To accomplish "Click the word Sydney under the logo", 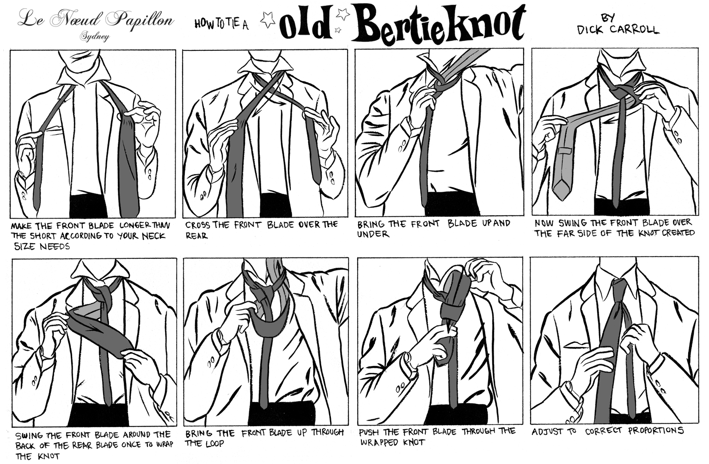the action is (94, 37).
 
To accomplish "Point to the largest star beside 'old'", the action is (268, 19).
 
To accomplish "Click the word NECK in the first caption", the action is (153, 236).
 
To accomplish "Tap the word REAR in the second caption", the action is (196, 236).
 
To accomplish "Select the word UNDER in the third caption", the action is (373, 234).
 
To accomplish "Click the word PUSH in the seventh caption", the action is (369, 432).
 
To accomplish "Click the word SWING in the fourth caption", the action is (571, 223).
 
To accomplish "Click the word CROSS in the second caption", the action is (197, 225).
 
